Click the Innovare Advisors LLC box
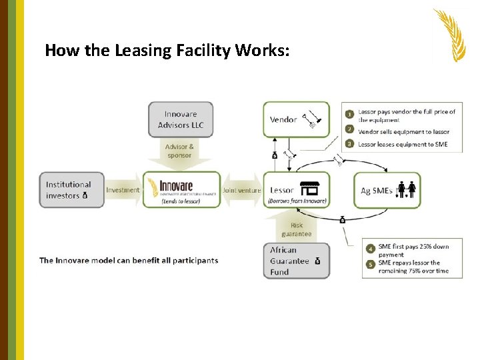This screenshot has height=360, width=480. click(x=181, y=119)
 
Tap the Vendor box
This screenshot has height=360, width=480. click(x=296, y=120)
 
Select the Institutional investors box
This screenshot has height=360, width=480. click(x=71, y=190)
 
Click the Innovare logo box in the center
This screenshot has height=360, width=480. click(x=181, y=190)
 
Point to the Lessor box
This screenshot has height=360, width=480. click(x=296, y=190)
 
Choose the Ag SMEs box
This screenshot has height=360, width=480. click(x=387, y=190)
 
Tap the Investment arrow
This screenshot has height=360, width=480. click(x=123, y=190)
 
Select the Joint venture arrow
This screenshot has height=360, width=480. click(x=241, y=190)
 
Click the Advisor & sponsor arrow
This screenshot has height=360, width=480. click(x=180, y=152)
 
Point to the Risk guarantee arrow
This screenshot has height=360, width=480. click(x=296, y=228)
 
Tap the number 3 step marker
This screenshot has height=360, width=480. click(x=349, y=144)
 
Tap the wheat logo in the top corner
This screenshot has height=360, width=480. click(x=450, y=35)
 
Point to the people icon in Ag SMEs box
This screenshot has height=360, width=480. click(x=407, y=190)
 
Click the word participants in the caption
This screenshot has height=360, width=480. click(x=191, y=260)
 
